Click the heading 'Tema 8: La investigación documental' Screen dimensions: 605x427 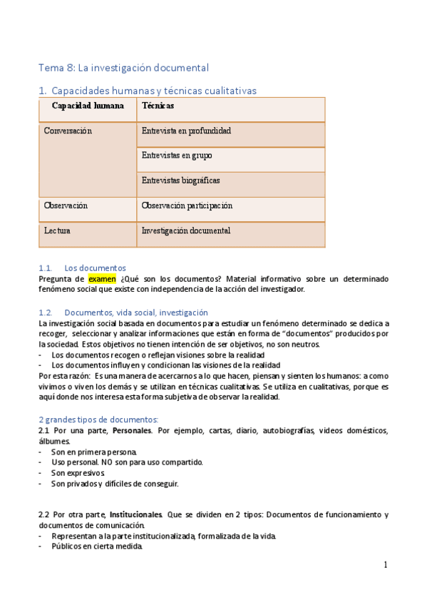tap(123, 68)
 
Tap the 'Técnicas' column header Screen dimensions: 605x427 tap(158, 106)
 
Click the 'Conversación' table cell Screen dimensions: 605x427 tap(68, 131)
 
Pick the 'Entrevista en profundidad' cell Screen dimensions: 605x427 tap(186, 131)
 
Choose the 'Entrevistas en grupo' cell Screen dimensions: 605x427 tap(177, 156)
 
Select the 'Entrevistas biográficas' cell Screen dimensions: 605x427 tap(180, 181)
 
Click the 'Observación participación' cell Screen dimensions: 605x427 tap(187, 205)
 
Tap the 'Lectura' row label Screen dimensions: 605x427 tap(57, 231)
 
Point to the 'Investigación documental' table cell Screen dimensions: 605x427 tap(185, 231)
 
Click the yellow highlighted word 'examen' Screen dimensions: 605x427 tap(101, 279)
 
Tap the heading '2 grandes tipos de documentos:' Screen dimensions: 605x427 tap(98, 419)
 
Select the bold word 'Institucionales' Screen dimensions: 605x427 tap(135, 514)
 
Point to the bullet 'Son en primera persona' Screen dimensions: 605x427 tap(93, 452)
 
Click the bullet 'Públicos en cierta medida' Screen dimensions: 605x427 tap(96, 546)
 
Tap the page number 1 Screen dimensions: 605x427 tap(386, 565)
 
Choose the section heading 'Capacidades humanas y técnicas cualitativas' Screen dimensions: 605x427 tap(153, 91)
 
